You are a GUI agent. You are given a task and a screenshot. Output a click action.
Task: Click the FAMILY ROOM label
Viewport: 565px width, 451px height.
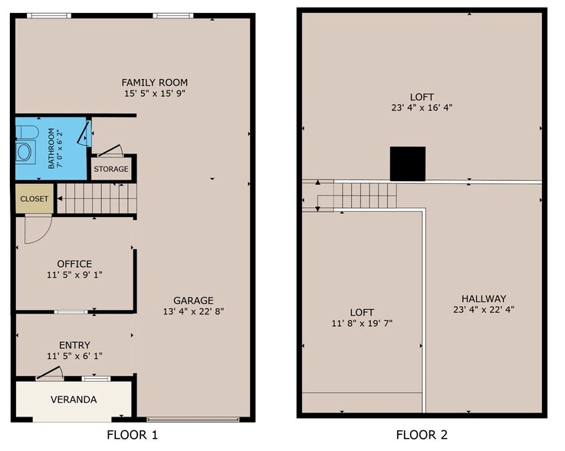point(155,83)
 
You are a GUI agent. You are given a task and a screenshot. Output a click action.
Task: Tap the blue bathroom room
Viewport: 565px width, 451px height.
point(51,148)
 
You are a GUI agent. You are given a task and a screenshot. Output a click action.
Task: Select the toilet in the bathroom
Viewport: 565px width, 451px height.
point(27,132)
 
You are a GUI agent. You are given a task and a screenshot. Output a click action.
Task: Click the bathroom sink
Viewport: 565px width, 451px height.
point(25,152)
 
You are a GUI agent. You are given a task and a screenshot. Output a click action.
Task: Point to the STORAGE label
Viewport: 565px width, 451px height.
point(111,169)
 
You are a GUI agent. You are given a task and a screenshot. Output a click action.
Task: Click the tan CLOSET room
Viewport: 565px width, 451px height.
point(34,199)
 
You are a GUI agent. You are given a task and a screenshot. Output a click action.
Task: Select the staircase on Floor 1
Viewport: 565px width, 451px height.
point(97,199)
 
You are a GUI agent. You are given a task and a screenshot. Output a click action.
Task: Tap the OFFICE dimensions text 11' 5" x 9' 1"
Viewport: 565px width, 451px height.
point(74,275)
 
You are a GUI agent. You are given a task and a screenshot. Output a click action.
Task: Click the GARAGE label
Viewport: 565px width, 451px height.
point(193,301)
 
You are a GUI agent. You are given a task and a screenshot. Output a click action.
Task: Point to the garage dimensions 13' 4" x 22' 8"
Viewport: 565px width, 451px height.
point(193,311)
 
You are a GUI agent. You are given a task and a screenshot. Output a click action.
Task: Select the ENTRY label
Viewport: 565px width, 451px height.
point(74,345)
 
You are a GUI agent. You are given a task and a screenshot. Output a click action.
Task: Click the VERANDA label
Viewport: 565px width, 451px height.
point(74,400)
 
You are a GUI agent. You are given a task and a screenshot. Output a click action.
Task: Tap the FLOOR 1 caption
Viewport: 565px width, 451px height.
point(132,435)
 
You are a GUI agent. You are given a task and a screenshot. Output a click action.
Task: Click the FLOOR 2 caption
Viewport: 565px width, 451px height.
point(422,435)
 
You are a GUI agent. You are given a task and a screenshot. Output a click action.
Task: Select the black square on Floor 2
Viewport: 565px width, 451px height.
point(408,163)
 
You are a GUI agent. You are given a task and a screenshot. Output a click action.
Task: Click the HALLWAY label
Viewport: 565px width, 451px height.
point(484,298)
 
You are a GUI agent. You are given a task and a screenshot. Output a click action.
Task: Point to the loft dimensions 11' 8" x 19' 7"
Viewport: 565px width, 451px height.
point(362,323)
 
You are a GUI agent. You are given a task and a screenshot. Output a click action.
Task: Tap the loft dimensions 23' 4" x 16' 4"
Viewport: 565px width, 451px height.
point(422,107)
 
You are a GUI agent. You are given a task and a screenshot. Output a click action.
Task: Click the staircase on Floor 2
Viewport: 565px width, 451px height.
point(365,196)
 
